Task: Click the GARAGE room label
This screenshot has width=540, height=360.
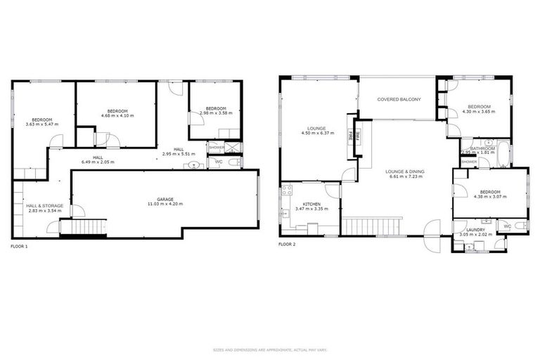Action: point(165,199)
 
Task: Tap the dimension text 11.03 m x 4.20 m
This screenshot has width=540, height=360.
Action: point(165,204)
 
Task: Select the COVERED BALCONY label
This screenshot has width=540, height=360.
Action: point(399,100)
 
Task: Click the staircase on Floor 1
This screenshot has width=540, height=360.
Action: point(83,228)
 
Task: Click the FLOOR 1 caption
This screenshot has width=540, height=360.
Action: point(20,246)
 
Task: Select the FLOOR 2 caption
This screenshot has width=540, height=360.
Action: point(287,244)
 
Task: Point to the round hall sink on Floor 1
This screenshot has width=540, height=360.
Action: point(194,165)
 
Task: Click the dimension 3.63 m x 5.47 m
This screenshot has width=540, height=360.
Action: point(42,124)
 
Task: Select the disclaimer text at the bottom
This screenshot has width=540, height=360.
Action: point(270,349)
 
